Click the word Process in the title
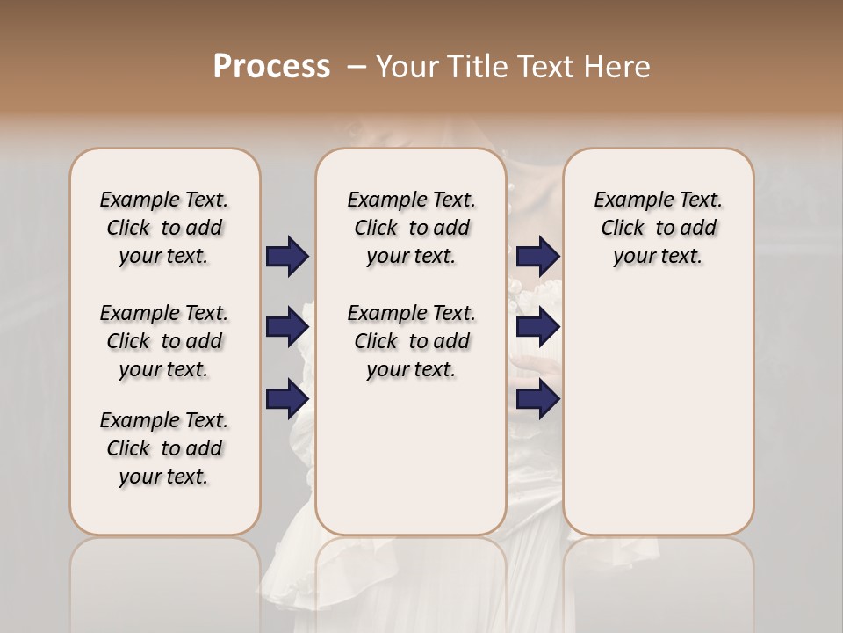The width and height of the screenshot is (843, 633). coord(271,67)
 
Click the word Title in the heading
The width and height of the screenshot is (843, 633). coord(479,67)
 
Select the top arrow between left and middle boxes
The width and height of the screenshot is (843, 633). coord(287,257)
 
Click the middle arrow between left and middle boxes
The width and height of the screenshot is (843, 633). coord(287,328)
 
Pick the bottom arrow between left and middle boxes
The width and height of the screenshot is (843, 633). coord(287,399)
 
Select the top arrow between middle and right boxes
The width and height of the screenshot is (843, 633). coord(537,257)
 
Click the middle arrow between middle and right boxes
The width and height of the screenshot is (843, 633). coord(537,328)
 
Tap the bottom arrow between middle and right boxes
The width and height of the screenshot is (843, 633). coord(537,399)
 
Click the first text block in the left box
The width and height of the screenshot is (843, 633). coord(164,228)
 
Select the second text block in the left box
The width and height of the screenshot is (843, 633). coord(164,341)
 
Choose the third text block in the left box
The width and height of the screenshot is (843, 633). coord(164,448)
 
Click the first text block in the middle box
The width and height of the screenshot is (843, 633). coord(411,228)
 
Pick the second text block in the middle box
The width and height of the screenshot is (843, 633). coord(411,341)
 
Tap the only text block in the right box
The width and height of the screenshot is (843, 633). coord(658,228)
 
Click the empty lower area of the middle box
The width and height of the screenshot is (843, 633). coord(411,457)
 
